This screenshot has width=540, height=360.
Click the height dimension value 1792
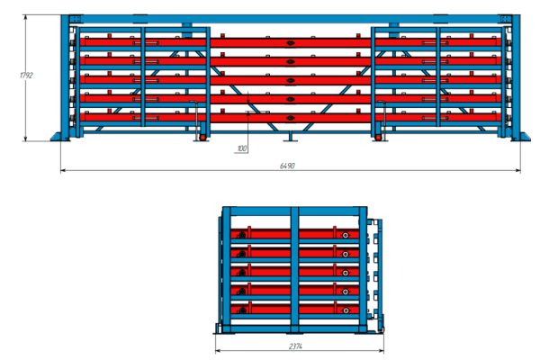point(26,75)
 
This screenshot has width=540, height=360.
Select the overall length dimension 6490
point(287,166)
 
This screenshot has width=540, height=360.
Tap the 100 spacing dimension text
point(242,148)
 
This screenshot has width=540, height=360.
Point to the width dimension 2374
point(295,346)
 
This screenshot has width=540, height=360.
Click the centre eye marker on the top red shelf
point(291,43)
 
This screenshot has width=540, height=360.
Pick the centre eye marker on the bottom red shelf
point(291,118)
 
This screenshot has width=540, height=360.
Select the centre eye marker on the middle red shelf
point(291,80)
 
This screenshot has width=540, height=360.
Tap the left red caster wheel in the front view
point(202,137)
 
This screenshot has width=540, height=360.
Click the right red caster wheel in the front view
point(378,137)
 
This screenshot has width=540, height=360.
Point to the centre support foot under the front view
point(291,137)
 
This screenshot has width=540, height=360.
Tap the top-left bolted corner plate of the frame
point(76,19)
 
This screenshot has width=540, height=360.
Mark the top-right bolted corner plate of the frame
point(505,19)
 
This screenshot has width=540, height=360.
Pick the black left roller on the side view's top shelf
point(242,235)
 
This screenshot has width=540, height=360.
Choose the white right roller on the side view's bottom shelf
point(346,310)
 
